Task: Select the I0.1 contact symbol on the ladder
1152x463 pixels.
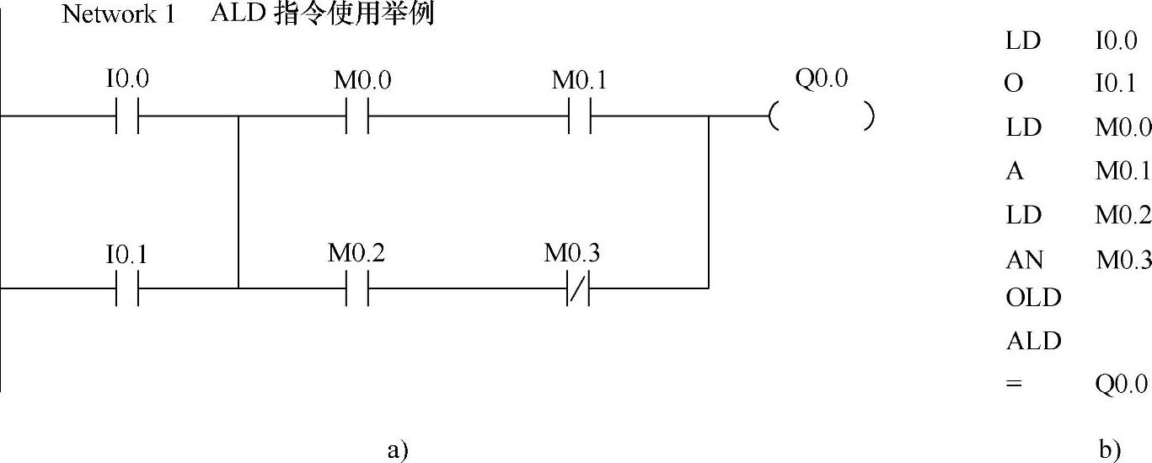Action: pyautogui.click(x=127, y=288)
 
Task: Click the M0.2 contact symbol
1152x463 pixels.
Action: pyautogui.click(x=357, y=288)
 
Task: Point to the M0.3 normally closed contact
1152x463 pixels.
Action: pyautogui.click(x=577, y=288)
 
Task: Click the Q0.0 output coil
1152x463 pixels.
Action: pyautogui.click(x=822, y=116)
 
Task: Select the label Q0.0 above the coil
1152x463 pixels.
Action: pyautogui.click(x=821, y=79)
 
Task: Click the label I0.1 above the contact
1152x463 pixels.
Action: pyautogui.click(x=127, y=254)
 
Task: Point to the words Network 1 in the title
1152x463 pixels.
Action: pyautogui.click(x=118, y=15)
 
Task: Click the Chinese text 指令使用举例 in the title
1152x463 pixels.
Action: pyautogui.click(x=354, y=14)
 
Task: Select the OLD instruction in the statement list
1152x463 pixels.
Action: pyautogui.click(x=1033, y=298)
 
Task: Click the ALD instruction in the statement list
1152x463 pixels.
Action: pyautogui.click(x=1033, y=341)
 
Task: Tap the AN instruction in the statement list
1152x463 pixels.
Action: pyautogui.click(x=1025, y=261)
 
